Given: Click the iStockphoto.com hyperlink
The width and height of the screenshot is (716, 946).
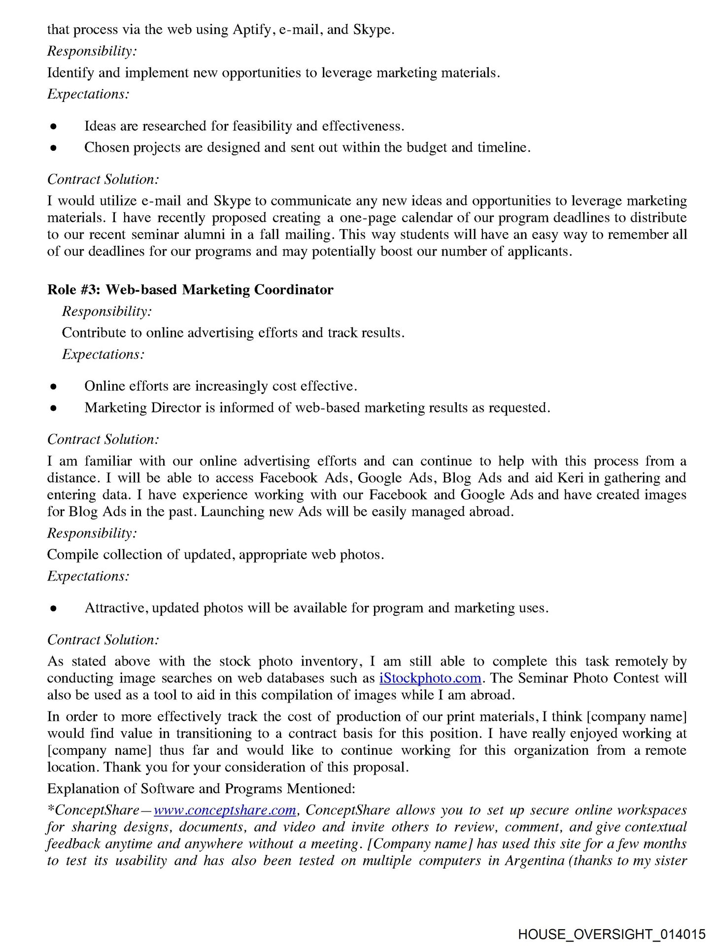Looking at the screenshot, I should [x=430, y=678].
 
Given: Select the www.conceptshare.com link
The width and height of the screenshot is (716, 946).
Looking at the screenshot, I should [x=225, y=811].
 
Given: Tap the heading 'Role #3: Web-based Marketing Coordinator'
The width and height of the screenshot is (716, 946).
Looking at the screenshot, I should [x=190, y=290].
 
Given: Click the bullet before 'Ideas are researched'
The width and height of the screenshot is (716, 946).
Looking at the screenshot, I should [x=54, y=127].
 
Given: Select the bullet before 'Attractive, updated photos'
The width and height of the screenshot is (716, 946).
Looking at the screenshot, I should [x=54, y=608].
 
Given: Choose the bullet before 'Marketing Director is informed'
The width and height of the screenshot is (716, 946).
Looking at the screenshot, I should [x=54, y=408].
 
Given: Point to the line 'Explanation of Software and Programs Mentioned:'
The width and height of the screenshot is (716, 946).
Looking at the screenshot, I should [x=201, y=789].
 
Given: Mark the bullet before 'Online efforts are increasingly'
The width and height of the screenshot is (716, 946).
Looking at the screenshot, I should [x=54, y=387].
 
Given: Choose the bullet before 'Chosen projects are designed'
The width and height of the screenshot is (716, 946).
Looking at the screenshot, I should [x=54, y=148].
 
